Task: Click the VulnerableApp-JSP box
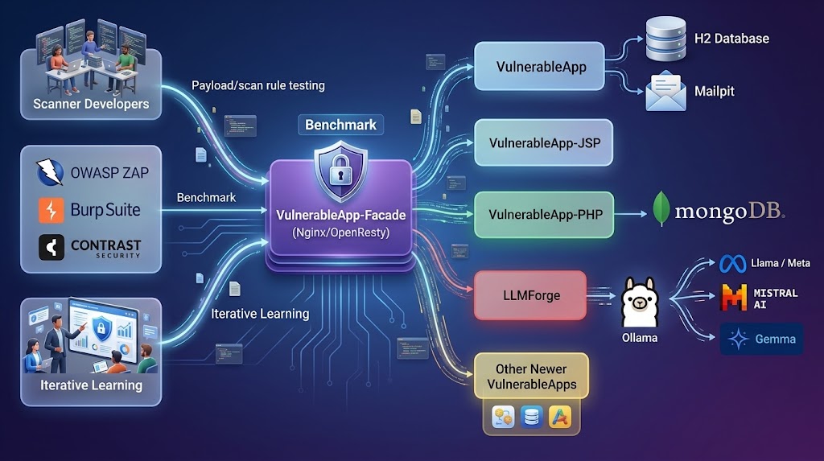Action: pyautogui.click(x=543, y=143)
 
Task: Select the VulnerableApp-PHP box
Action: pyautogui.click(x=544, y=215)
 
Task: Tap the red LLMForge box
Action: pyautogui.click(x=530, y=295)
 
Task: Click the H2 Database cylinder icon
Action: pyautogui.click(x=665, y=39)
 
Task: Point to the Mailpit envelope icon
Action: pyautogui.click(x=665, y=91)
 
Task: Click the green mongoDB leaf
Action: pyautogui.click(x=661, y=208)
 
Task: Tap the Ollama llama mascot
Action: pyautogui.click(x=639, y=303)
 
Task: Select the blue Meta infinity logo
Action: pyautogui.click(x=732, y=263)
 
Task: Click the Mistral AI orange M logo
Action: pyautogui.click(x=734, y=298)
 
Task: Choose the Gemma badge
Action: pyautogui.click(x=761, y=339)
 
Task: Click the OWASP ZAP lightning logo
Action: pyautogui.click(x=50, y=172)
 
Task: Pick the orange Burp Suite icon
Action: pyautogui.click(x=51, y=210)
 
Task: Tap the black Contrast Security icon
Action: pyautogui.click(x=51, y=247)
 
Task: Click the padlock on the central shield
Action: pyautogui.click(x=340, y=172)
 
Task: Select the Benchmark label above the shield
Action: pyautogui.click(x=340, y=126)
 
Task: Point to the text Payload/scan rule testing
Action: pyautogui.click(x=258, y=85)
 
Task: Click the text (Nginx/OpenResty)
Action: pyautogui.click(x=340, y=233)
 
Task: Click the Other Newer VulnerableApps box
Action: pyautogui.click(x=531, y=377)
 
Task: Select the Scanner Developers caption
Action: pyautogui.click(x=91, y=104)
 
